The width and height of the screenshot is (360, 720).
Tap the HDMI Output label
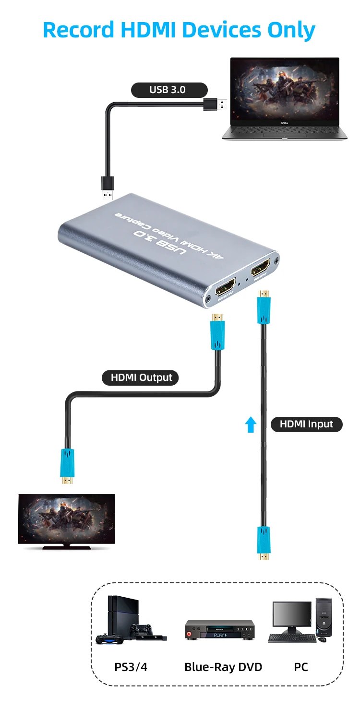coord(141,378)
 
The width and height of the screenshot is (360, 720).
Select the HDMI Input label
coord(306,425)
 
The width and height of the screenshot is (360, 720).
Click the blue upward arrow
coord(251,425)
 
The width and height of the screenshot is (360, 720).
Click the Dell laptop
coord(284,98)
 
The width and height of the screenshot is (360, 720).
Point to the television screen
coord(66,519)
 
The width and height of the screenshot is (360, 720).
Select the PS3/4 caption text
coord(131,667)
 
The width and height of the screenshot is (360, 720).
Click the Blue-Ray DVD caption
coord(223,667)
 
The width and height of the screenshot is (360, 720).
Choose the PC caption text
coord(300,667)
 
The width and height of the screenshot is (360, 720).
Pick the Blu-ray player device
coord(220,629)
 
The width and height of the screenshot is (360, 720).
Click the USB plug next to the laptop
coord(216,104)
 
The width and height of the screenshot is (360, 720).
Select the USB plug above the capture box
coord(108,187)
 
